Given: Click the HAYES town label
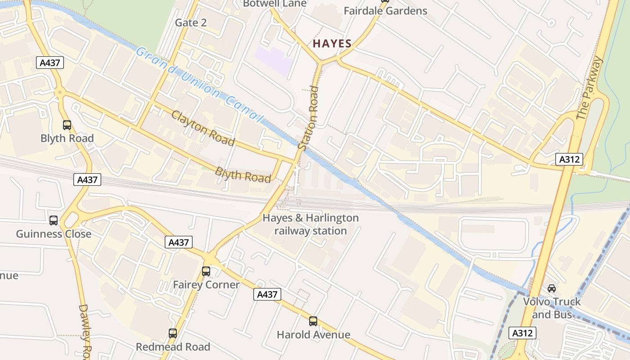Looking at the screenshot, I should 332,44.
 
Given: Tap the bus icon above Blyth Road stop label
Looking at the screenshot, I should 67,125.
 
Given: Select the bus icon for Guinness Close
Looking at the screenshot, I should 54,220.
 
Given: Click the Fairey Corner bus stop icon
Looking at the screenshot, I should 206,271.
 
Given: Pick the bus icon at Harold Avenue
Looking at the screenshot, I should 313,321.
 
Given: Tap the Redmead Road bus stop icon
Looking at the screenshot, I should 173,333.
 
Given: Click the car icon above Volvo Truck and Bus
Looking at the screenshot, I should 552,288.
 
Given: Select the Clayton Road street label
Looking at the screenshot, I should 203,128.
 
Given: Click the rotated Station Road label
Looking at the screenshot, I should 309,118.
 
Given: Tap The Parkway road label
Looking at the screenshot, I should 589,89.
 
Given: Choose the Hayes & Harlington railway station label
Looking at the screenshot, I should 310,225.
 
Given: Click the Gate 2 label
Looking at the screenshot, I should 191,22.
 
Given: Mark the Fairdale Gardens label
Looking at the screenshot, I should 385,11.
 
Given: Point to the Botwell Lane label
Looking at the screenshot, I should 274,4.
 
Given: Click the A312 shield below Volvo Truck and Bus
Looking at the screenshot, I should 523,333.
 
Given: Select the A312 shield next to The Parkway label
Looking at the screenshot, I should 569,159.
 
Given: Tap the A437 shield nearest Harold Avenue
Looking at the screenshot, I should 267,294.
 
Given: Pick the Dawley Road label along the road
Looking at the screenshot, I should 85,331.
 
